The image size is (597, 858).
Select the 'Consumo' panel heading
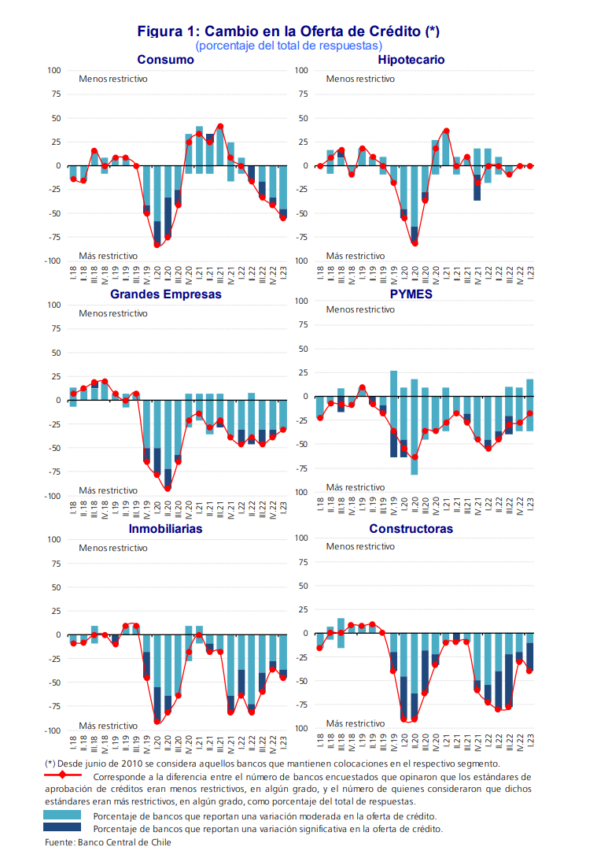(165, 60)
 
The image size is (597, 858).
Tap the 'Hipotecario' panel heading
(411, 60)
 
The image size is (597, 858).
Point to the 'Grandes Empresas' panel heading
(165, 294)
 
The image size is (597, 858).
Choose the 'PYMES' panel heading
(411, 294)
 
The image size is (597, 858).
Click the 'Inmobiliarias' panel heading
(165, 529)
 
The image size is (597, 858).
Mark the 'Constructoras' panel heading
(411, 529)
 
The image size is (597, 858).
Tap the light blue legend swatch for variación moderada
(62, 815)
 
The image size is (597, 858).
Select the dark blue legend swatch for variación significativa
(62, 828)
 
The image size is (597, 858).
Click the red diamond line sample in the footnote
(62, 776)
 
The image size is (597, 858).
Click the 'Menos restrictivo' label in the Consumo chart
(112, 79)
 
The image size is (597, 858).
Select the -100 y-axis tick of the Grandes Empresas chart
(52, 496)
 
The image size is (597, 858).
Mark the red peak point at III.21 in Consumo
(220, 126)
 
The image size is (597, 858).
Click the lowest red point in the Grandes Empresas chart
(168, 488)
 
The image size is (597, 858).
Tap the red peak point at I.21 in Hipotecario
(446, 131)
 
